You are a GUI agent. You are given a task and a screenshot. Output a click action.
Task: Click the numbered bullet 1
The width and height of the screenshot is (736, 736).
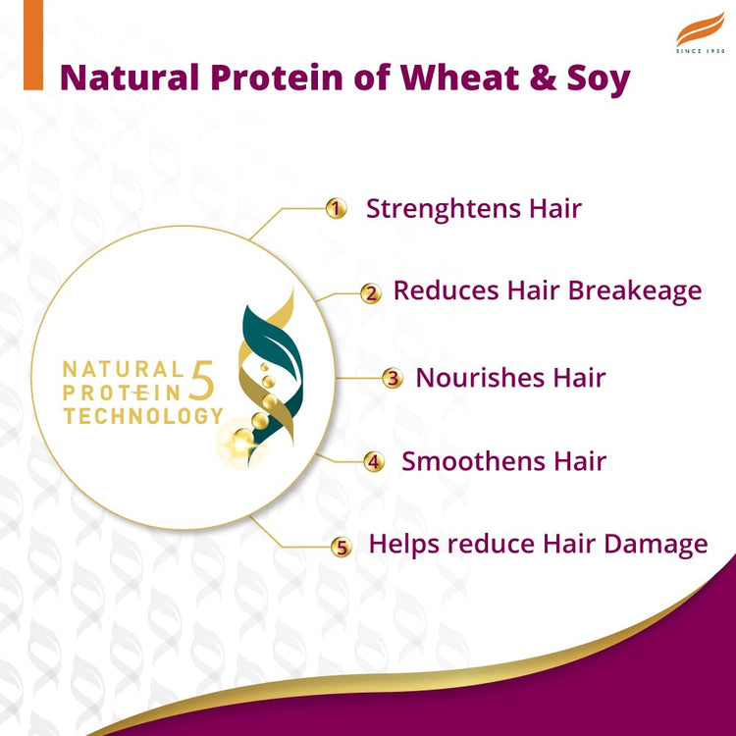337,208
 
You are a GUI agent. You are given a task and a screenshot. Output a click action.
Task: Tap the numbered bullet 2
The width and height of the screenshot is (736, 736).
370,292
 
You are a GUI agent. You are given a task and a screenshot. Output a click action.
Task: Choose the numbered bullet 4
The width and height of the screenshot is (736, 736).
374,462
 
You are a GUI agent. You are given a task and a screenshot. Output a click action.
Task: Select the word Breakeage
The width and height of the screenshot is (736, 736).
638,291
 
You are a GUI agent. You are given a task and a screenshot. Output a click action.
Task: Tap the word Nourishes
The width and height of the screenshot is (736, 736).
475,378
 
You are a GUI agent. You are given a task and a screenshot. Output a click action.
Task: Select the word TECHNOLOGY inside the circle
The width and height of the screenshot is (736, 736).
143,416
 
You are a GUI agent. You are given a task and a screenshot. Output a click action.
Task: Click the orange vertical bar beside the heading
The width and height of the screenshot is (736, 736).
33,45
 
